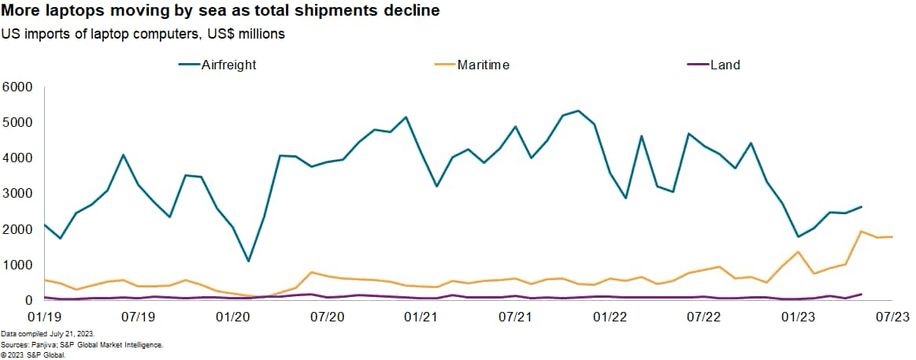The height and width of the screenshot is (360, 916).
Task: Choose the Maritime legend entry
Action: pos(483,65)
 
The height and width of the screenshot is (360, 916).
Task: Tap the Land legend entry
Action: pos(725,65)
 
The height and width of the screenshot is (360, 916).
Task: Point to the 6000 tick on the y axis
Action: pos(17,87)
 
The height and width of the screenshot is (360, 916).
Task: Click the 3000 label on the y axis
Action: pos(17,194)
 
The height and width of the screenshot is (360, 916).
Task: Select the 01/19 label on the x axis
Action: pos(44,317)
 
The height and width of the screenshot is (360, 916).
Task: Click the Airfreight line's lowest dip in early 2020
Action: pos(248,261)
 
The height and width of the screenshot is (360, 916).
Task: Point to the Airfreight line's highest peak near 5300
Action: pos(578,110)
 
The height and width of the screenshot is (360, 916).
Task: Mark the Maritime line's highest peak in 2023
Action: pos(861,232)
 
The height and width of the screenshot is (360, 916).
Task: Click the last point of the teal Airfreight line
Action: pos(861,206)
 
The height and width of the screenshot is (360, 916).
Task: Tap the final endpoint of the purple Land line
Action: pos(861,294)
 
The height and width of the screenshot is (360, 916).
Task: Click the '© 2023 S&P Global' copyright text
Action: pos(33,354)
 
